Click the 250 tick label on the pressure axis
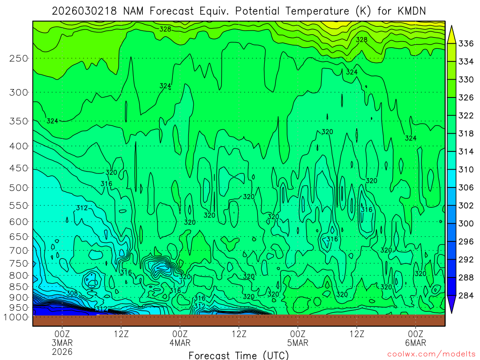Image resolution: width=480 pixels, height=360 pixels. coord(19,59)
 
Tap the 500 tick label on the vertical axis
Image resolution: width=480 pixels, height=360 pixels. coord(19,187)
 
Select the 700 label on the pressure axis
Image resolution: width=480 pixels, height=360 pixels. coord(19,251)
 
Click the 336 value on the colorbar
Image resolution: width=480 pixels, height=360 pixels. coord(465,44)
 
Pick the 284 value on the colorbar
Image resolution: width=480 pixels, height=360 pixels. coord(465,296)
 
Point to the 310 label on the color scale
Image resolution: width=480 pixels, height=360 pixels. coord(465,170)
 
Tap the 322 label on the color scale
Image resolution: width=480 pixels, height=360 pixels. coord(465,116)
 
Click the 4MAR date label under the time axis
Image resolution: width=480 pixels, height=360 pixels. coord(180,343)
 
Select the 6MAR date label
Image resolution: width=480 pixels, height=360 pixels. coord(416,343)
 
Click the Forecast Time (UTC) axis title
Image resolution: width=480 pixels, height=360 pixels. coord(239,355)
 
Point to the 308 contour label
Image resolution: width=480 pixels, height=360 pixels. coord(72,294)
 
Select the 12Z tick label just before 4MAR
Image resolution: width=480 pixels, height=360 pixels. coord(121,334)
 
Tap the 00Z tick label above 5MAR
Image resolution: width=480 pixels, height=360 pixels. coord(298,334)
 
